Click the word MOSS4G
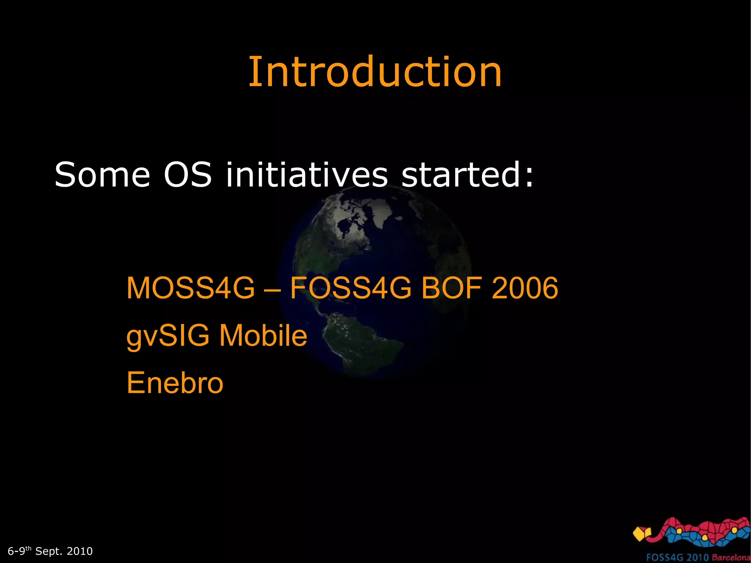tap(190, 288)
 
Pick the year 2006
tap(525, 288)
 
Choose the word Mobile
tap(263, 336)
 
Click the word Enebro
tap(175, 383)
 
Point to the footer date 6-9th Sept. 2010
tap(50, 551)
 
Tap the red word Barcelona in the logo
tap(731, 557)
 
